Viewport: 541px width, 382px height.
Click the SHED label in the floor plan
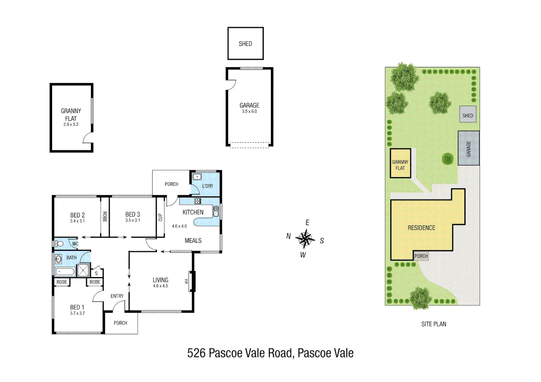[x=245, y=44]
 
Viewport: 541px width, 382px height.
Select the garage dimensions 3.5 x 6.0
[x=249, y=111]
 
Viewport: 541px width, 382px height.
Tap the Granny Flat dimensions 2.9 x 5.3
[x=71, y=125]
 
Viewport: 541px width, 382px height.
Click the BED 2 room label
[x=77, y=215]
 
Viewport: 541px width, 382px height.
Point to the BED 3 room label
[x=132, y=214]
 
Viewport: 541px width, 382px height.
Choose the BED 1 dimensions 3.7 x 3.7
[x=77, y=313]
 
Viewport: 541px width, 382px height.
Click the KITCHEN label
[x=193, y=212]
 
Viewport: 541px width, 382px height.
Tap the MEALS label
[x=193, y=241]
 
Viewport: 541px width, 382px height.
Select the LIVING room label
[x=160, y=280]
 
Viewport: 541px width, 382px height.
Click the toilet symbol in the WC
[x=59, y=244]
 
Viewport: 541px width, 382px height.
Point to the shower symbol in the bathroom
[x=83, y=271]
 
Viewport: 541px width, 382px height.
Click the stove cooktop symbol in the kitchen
[x=198, y=201]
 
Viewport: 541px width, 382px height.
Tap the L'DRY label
[x=207, y=186]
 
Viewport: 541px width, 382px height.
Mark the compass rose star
[x=305, y=239]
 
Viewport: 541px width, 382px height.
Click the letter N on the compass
[x=289, y=236]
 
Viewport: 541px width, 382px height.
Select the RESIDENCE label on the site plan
[x=421, y=228]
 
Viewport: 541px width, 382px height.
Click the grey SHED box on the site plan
[x=468, y=115]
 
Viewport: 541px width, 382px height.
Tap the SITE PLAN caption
[x=433, y=324]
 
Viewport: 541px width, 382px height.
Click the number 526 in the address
[x=196, y=353]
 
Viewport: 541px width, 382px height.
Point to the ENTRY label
[x=117, y=296]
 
